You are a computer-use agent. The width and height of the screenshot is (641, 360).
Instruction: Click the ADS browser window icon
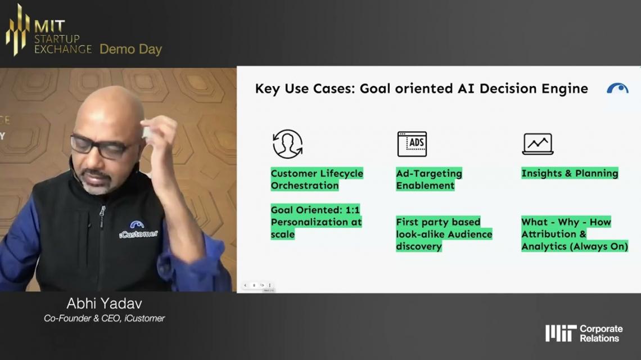coord(412,144)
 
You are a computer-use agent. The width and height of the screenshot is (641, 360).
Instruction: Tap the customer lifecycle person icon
coord(288,144)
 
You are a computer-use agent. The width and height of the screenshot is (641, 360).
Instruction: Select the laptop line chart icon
coord(538,144)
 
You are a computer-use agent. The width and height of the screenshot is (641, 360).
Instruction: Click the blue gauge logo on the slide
coord(617,88)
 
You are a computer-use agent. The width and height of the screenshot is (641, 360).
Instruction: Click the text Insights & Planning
coord(570,173)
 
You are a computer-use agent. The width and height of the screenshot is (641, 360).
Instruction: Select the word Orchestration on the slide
coord(305,185)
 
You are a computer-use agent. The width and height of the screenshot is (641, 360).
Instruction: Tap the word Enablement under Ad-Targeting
coord(425,185)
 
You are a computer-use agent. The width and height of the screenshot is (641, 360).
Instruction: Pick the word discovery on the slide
coord(418,246)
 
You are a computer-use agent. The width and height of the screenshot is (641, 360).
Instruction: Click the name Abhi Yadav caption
coord(104,304)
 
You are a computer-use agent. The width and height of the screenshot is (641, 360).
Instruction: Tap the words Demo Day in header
coord(131,49)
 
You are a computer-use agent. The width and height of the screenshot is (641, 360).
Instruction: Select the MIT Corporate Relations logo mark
coord(561,334)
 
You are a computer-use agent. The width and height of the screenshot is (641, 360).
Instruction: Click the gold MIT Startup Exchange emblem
coord(18,29)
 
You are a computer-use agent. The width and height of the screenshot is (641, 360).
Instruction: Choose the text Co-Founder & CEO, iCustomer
coord(104,318)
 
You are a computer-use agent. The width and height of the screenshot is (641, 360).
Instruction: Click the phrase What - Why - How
coord(566,222)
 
